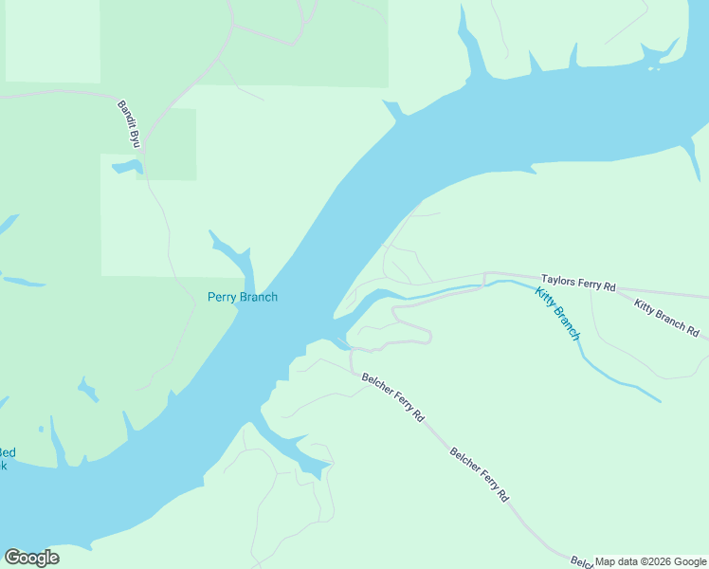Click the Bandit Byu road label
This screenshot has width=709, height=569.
128,123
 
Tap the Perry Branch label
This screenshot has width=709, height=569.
243,297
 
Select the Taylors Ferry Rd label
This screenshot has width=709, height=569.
578,283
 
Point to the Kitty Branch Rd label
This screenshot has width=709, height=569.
666,319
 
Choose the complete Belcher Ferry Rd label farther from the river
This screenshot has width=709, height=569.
479,474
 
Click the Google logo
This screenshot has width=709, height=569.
31,558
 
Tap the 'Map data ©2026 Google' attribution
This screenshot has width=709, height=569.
650,561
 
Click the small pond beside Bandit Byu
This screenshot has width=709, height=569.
127,168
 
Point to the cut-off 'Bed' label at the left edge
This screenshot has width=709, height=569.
7,452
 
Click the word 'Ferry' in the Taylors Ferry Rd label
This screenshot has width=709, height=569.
585,284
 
